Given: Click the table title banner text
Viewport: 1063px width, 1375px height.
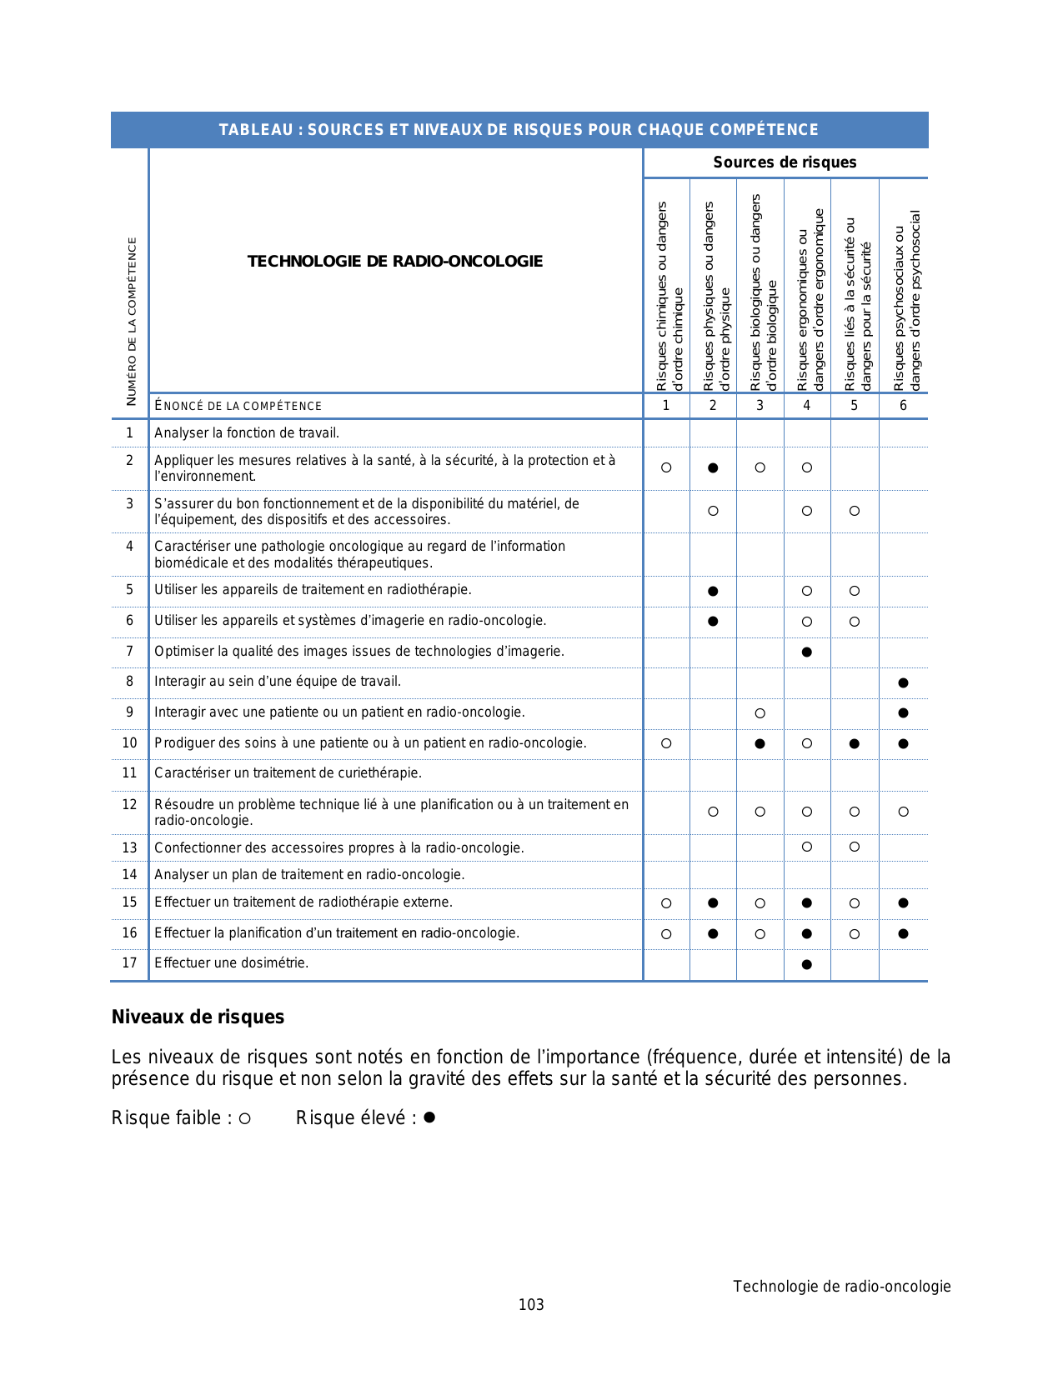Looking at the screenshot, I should (x=519, y=130).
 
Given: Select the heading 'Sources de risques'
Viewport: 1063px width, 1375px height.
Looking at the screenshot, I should (x=785, y=162).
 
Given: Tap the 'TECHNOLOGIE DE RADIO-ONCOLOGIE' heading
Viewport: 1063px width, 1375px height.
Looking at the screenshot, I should (x=395, y=262).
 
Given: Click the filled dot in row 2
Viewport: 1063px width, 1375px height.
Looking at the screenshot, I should (x=713, y=468).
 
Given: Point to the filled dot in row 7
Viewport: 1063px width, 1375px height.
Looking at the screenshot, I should (x=806, y=652).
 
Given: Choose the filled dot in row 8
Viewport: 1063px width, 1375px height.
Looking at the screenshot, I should (x=903, y=683).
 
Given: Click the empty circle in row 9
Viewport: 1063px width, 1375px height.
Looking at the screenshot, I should (x=760, y=713).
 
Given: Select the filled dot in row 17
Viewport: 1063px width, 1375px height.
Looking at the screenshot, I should (x=806, y=965).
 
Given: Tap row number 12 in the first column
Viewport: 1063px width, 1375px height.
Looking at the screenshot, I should (x=129, y=805).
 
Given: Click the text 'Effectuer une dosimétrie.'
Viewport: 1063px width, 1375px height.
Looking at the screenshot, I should (x=232, y=963).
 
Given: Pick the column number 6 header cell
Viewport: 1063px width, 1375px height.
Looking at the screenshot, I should (x=903, y=406).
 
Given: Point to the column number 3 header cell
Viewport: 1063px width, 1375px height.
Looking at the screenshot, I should (x=760, y=406).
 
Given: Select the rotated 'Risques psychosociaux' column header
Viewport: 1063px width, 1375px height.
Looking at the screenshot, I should (x=905, y=300).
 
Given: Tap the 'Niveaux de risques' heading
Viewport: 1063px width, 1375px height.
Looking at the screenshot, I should (x=198, y=1017).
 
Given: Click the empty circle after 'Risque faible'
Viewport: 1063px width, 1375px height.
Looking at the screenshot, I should (x=244, y=1119).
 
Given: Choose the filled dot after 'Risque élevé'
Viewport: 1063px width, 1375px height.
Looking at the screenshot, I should (x=429, y=1117).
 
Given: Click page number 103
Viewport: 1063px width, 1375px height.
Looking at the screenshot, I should (x=531, y=1305).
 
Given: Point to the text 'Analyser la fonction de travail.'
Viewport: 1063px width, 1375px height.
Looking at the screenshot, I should (x=247, y=433).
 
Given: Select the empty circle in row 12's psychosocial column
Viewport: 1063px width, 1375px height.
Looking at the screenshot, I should (x=903, y=812).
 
